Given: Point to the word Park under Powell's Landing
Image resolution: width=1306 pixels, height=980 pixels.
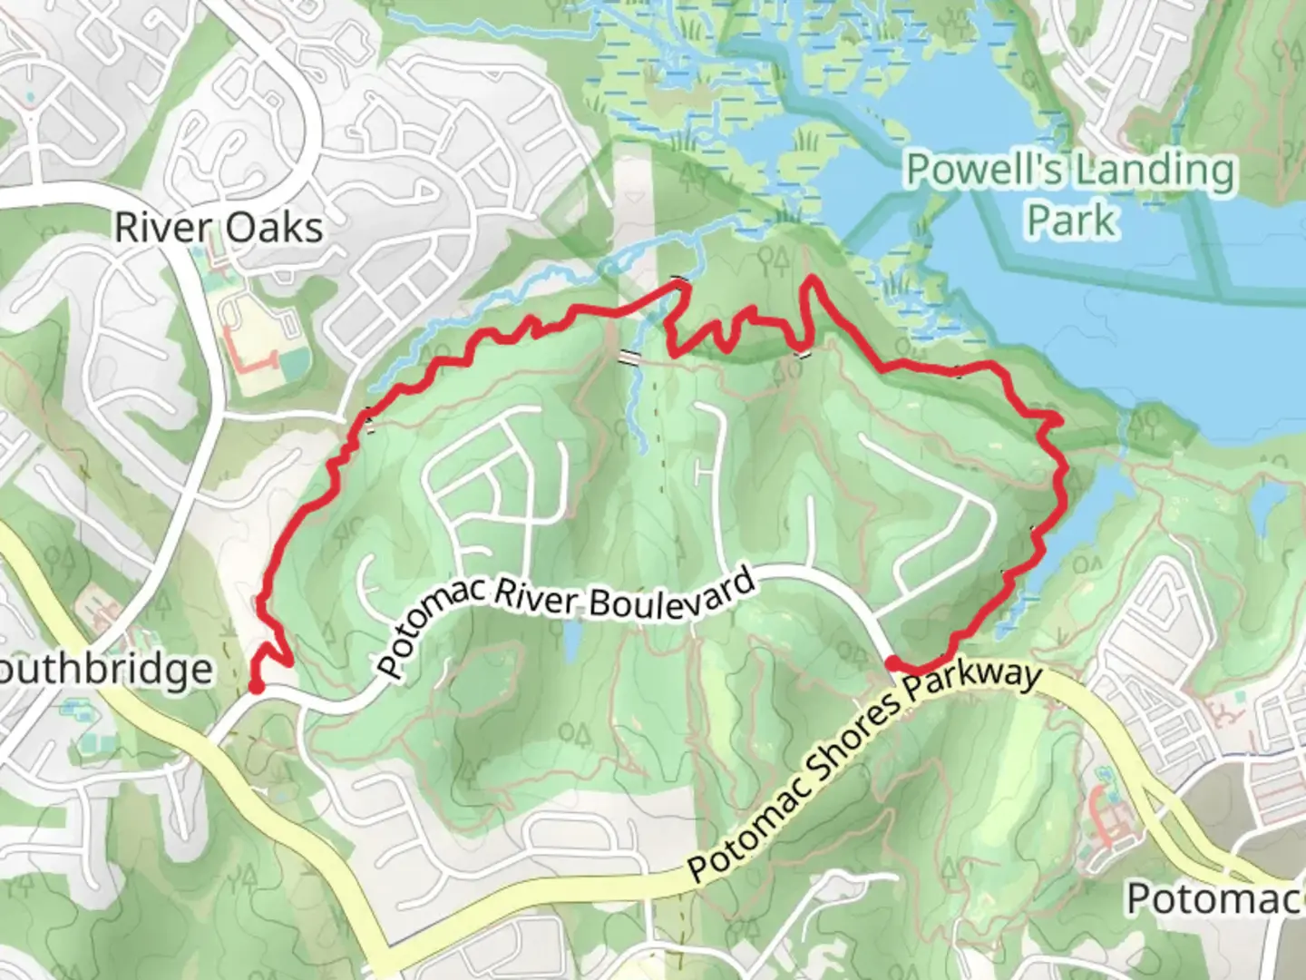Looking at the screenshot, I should tap(1070, 220).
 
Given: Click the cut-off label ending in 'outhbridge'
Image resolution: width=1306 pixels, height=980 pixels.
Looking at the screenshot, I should tap(106, 670).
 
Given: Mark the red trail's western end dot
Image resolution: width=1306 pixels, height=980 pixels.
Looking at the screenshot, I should tap(256, 686).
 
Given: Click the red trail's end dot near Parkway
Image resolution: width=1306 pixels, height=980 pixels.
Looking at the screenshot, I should tap(892, 663).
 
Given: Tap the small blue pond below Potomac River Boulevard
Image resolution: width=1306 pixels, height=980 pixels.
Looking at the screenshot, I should tap(572, 642).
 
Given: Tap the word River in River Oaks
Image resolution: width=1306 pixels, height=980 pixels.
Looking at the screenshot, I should tap(164, 228).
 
